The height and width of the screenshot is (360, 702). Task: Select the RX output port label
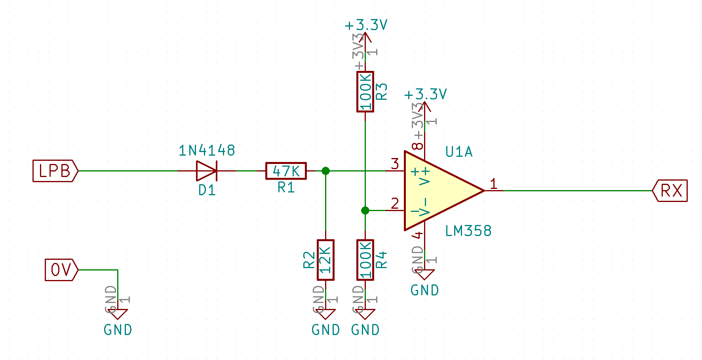[670, 190]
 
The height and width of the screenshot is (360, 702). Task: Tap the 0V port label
[61, 270]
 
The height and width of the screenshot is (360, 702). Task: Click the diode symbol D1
[207, 171]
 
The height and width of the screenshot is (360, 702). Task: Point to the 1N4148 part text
[207, 150]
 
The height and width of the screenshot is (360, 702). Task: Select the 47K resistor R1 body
[286, 171]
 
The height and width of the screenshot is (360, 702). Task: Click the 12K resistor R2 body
[325, 260]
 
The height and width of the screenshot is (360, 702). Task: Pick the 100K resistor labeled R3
[365, 91]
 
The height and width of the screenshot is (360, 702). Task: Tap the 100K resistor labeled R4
[365, 260]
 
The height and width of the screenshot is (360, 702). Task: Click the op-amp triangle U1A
[439, 190]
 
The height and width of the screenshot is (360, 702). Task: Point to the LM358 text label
[468, 231]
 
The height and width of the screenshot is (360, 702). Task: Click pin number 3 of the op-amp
[395, 164]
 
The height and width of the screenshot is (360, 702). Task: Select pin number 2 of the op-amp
[395, 203]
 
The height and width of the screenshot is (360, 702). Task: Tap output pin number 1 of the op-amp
[493, 183]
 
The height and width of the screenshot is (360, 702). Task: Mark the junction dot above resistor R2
[325, 171]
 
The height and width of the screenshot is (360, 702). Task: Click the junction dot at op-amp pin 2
[365, 210]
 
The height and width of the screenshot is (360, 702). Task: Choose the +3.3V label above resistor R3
[366, 25]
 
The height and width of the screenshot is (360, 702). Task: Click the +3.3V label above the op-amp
[425, 95]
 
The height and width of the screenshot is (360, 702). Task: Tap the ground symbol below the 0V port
[118, 314]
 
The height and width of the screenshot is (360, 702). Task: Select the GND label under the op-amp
[424, 290]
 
